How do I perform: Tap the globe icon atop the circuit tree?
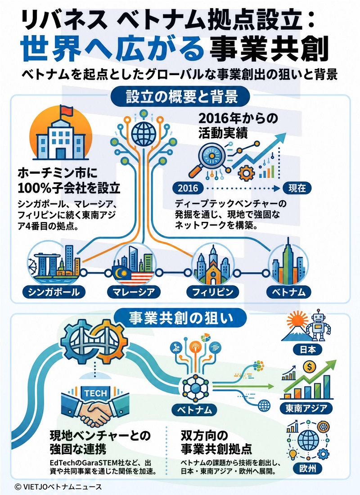(x=144, y=132)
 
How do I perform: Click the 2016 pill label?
(x=188, y=189)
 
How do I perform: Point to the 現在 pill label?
(x=297, y=189)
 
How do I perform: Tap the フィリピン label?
(x=213, y=292)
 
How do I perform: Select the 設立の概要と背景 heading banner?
(x=180, y=96)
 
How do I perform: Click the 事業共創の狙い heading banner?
(x=180, y=318)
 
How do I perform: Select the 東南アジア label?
(x=306, y=408)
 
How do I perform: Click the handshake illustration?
(x=94, y=409)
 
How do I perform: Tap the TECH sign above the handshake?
(x=96, y=393)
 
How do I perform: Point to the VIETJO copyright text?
(x=58, y=486)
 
